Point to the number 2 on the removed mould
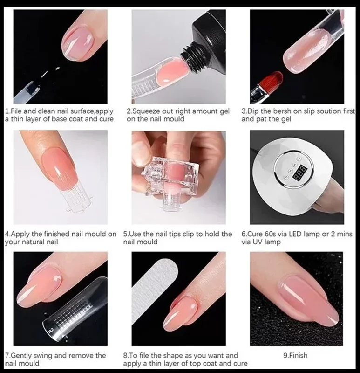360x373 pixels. pos(50,331)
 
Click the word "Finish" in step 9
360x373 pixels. pos(298,355)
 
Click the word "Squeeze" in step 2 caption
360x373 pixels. pos(146,111)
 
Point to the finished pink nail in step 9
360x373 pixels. pos(308,299)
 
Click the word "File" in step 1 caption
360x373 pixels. pos(17,111)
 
